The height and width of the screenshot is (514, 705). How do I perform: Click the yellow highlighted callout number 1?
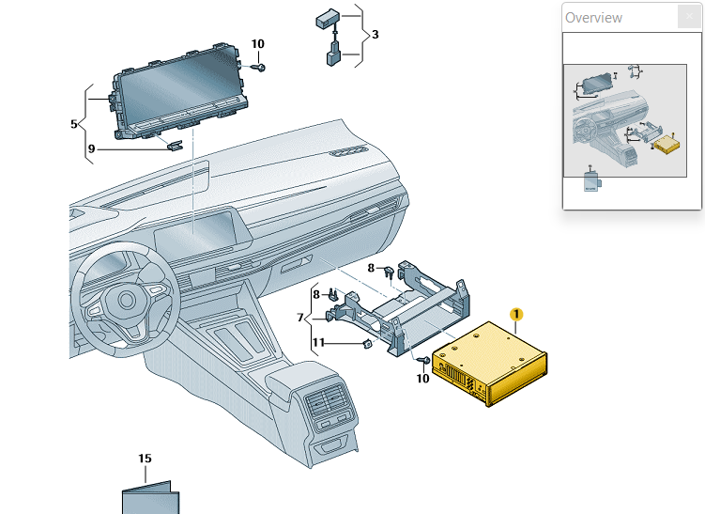515,315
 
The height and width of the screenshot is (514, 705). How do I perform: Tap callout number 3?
375,35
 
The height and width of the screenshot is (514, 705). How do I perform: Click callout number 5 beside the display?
74,123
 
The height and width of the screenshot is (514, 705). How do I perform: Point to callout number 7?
300,318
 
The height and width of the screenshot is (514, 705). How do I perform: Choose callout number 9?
91,148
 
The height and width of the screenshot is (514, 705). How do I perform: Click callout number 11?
319,343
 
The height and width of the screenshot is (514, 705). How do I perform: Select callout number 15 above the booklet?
145,459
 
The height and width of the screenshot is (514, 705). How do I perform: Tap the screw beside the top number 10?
262,67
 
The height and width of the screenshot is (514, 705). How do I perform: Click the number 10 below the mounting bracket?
422,379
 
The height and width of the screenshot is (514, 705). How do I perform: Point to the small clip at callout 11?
367,344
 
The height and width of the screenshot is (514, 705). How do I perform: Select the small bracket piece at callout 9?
176,145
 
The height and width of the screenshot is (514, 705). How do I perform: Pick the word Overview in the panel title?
593,17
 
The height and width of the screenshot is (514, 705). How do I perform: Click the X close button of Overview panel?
689,17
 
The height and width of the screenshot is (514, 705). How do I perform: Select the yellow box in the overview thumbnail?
666,145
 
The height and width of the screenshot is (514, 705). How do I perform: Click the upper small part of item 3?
329,18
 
